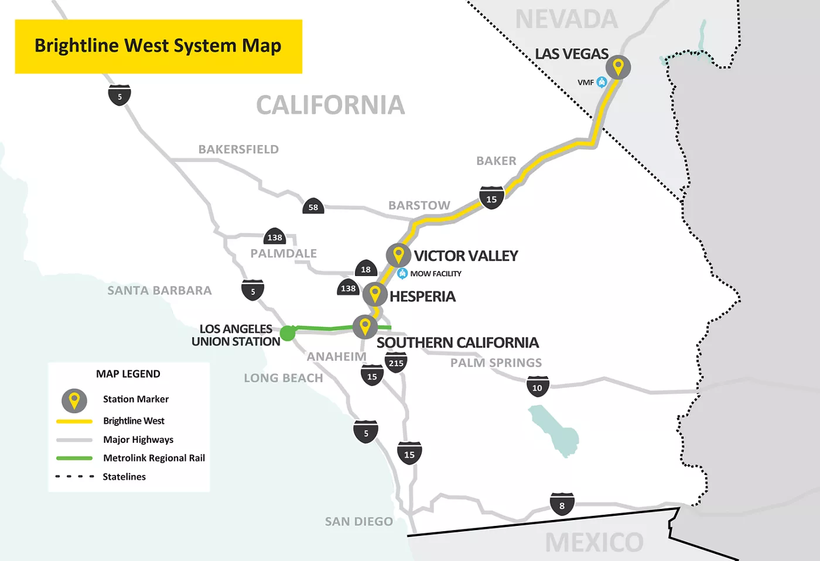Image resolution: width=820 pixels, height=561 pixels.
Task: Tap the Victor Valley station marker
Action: [x=398, y=255]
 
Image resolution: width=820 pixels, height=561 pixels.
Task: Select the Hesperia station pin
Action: [x=375, y=294]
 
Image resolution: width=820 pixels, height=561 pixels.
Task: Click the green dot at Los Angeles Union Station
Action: [x=288, y=333]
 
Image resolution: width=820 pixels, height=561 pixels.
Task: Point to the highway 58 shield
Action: [x=313, y=206]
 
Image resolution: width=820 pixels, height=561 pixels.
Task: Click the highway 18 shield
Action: [x=365, y=269]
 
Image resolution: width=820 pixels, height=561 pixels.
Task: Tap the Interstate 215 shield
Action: [x=396, y=363]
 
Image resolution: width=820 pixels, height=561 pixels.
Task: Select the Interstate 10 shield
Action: [x=537, y=387]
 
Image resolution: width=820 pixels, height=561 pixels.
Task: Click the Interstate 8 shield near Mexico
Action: [x=562, y=505]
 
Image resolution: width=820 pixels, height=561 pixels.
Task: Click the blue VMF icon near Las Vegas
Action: [x=602, y=82]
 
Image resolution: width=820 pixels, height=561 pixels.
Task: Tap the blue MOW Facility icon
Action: [x=402, y=273]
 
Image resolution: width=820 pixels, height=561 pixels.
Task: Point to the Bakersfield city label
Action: [x=238, y=149]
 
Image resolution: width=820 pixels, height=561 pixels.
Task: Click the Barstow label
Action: [x=419, y=205]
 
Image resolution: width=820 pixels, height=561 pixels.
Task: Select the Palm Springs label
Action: [x=496, y=363]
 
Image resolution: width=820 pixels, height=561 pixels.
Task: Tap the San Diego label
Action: [x=359, y=521]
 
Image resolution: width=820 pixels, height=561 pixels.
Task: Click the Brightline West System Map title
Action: [x=158, y=46]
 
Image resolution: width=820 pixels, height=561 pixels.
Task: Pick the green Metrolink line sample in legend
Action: [x=74, y=458]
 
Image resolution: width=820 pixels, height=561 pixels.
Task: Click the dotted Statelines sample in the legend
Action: [x=74, y=476]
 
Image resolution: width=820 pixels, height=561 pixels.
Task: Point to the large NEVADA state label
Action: [x=566, y=19]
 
